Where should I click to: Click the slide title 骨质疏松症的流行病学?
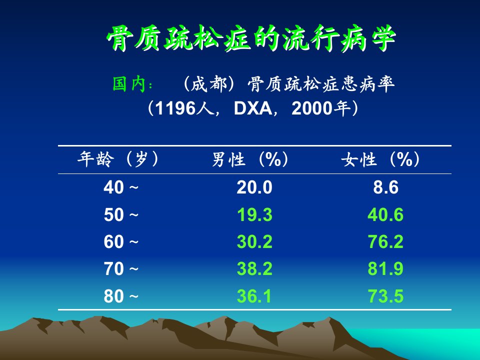click(251, 38)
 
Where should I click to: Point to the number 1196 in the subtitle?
click(175, 108)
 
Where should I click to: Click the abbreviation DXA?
click(252, 108)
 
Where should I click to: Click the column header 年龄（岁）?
click(118, 159)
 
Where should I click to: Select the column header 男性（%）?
click(250, 159)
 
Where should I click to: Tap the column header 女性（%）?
click(380, 159)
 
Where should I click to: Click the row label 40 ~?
click(121, 187)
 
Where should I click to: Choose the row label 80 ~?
click(121, 296)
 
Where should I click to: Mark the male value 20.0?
click(254, 187)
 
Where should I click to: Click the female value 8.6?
click(385, 187)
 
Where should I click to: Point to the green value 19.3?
click(254, 214)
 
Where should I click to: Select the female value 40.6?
click(385, 214)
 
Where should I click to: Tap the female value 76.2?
click(385, 242)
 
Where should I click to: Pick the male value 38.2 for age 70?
click(254, 269)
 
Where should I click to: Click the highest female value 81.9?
click(385, 269)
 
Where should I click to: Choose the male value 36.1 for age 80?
click(254, 296)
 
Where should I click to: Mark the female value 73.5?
click(385, 296)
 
